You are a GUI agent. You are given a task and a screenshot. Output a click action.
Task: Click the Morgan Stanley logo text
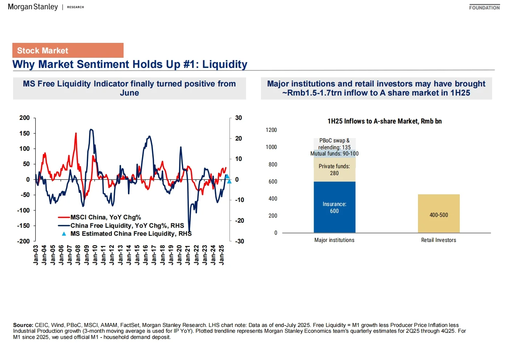(33, 7)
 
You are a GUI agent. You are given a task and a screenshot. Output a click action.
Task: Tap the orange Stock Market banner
(68, 50)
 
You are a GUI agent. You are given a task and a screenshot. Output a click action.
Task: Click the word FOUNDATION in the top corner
(484, 8)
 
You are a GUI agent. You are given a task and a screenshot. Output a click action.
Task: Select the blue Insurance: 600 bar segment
(334, 207)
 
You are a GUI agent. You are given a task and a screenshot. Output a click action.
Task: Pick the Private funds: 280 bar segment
(334, 170)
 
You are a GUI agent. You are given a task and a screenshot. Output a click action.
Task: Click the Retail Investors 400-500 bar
(439, 214)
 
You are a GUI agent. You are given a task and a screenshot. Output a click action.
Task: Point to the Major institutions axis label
(334, 240)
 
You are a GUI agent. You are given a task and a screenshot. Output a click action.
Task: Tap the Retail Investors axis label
(438, 240)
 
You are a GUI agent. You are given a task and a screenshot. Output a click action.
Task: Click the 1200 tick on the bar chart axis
(271, 130)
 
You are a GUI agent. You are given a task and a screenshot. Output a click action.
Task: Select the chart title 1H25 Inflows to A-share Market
(384, 121)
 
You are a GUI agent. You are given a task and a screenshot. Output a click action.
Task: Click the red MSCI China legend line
(64, 217)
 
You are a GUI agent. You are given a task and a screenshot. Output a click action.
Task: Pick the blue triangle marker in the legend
(64, 234)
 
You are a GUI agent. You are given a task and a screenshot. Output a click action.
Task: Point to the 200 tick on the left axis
(25, 118)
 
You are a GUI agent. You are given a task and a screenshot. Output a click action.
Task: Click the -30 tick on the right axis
(239, 241)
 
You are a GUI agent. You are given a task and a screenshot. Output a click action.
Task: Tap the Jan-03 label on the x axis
(36, 255)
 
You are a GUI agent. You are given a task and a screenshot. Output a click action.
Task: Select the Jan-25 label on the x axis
(222, 255)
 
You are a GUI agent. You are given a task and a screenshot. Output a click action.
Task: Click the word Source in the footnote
(23, 325)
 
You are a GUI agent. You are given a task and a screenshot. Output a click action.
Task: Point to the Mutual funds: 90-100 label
(334, 154)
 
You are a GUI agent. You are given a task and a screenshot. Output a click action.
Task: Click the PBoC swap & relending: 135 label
(334, 144)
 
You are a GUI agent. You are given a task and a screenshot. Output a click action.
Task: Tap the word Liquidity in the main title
(225, 64)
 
